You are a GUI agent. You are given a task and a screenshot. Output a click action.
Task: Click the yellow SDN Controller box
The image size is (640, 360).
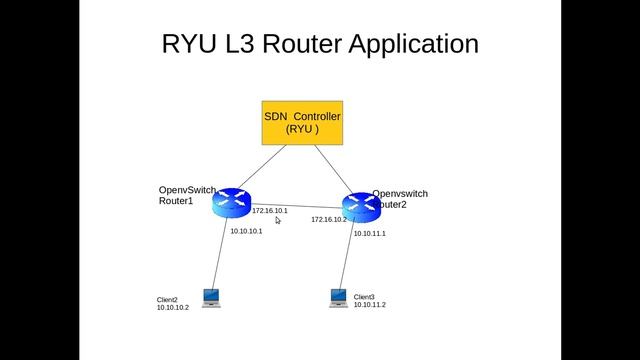point(302,122)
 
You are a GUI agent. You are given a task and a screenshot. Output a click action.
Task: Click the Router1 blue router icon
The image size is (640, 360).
point(232,203)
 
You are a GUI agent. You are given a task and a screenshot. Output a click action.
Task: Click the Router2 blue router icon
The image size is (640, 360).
point(361,207)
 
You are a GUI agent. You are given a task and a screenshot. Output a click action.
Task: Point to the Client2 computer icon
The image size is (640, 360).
point(211,298)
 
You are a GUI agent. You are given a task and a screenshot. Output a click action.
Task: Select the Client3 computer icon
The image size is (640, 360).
point(339,298)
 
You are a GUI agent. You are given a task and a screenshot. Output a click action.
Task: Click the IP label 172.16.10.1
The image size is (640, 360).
point(269,211)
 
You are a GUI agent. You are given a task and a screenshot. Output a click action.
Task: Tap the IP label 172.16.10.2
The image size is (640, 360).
point(328,219)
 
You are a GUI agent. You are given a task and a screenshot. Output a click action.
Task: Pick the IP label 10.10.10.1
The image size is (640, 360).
point(246,231)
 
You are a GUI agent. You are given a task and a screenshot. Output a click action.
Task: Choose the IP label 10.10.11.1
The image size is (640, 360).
point(370,233)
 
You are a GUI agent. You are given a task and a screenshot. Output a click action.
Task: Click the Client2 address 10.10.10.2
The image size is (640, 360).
point(172,308)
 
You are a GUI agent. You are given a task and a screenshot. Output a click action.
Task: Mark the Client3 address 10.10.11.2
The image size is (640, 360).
point(369,304)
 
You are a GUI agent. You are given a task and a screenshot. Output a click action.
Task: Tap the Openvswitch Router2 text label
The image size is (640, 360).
point(400,198)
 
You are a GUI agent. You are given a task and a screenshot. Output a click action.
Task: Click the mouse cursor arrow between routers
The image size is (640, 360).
point(278,220)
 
